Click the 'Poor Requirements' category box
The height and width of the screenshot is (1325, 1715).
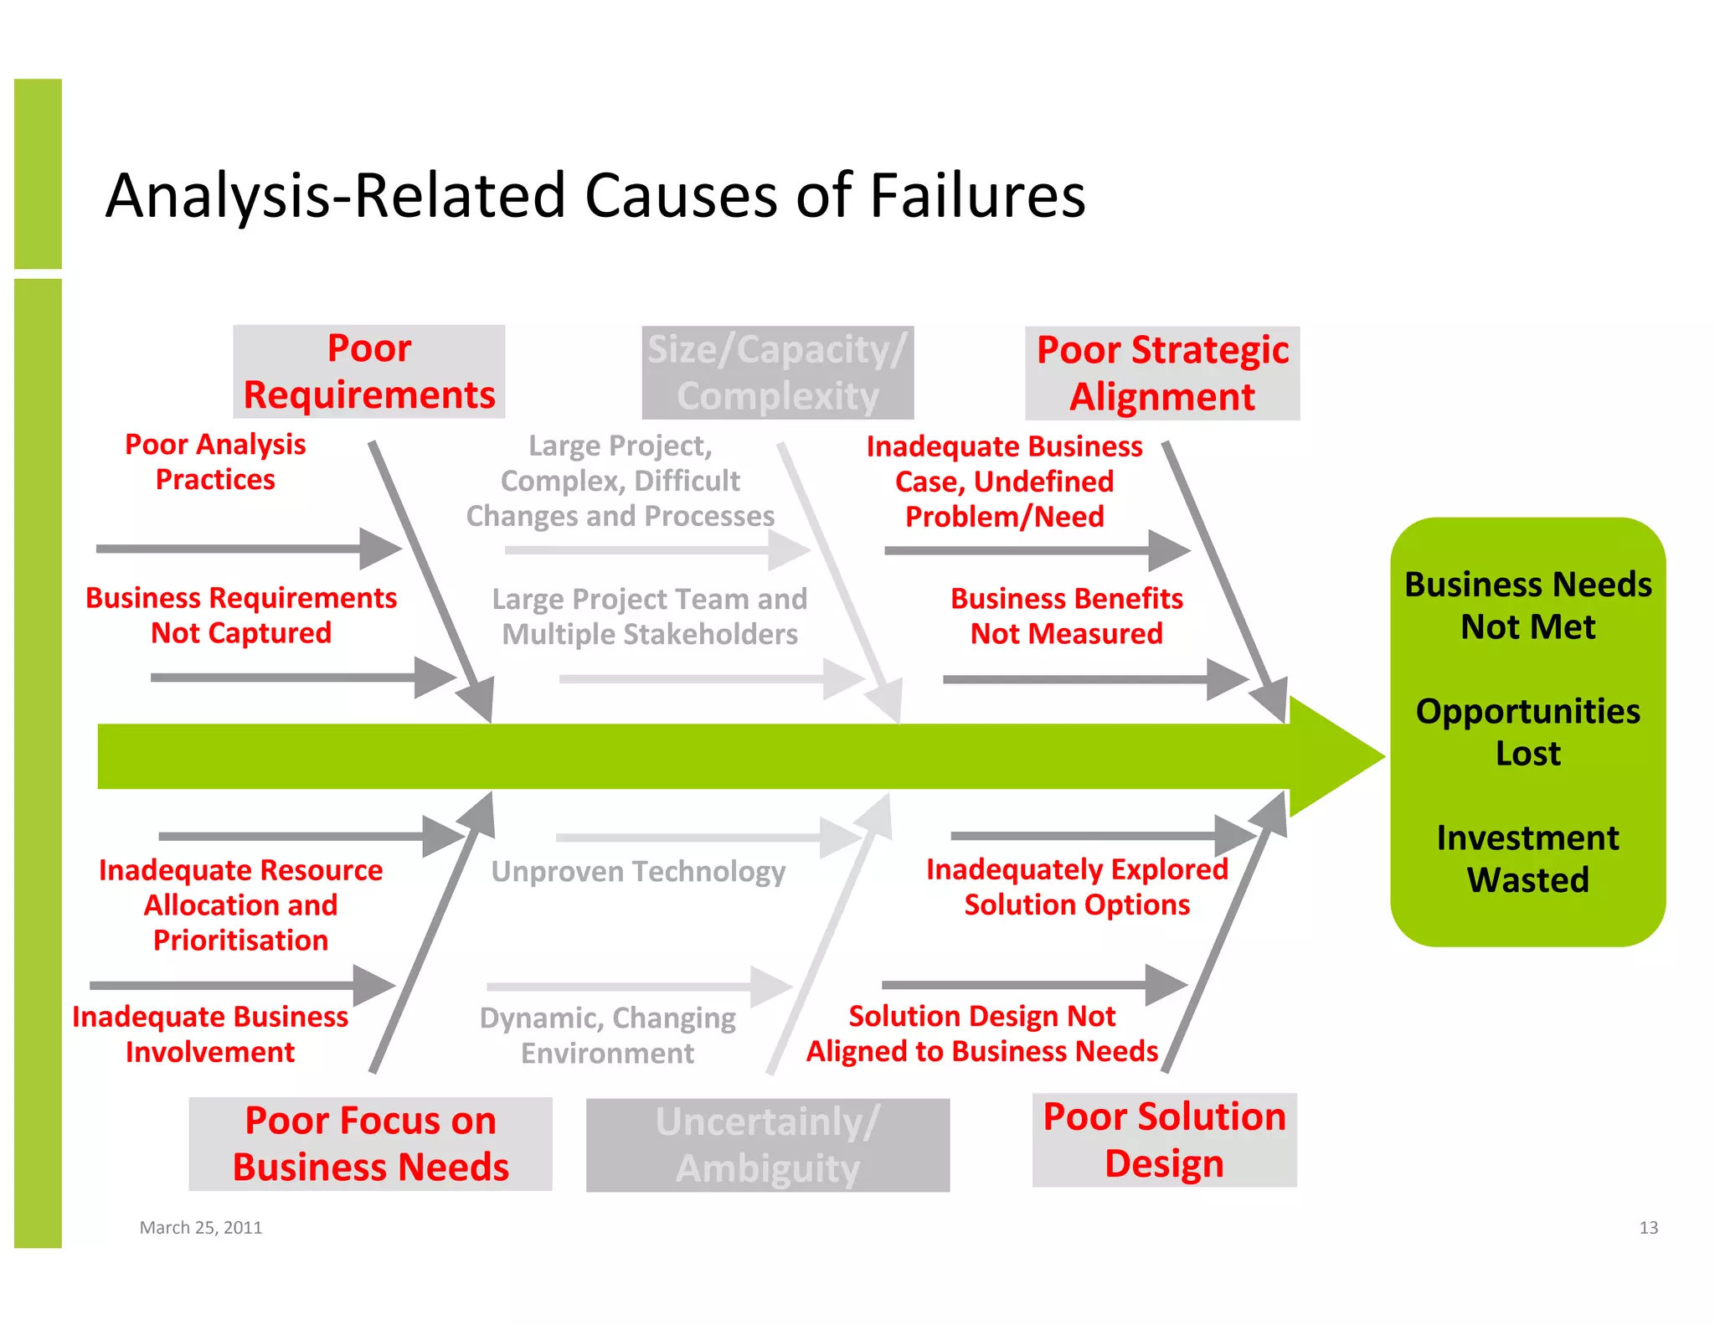369,372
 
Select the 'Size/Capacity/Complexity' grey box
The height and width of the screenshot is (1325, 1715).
777,373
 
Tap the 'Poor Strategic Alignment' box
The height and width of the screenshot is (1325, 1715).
1162,374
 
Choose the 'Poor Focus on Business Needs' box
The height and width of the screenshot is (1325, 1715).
370,1144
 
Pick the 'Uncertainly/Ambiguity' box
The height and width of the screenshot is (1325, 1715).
768,1145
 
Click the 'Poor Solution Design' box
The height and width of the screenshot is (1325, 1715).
1164,1140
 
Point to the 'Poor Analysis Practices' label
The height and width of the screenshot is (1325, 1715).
215,461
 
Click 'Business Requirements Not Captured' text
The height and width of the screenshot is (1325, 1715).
241,616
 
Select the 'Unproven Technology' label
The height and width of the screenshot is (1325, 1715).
638,872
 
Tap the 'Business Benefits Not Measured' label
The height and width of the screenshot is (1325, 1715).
1067,616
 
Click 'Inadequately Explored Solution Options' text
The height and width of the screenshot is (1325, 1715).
1077,887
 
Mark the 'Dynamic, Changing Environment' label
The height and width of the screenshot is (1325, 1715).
608,1035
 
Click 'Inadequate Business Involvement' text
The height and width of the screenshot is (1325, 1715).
210,1034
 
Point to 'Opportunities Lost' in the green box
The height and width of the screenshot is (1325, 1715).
1528,732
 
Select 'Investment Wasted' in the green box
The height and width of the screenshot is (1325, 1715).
1528,858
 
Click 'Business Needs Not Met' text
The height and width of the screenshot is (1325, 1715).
1528,606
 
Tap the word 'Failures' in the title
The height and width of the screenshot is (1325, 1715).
977,195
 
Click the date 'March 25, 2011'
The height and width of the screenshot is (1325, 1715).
201,1228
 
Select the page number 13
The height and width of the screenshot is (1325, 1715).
1648,1228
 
